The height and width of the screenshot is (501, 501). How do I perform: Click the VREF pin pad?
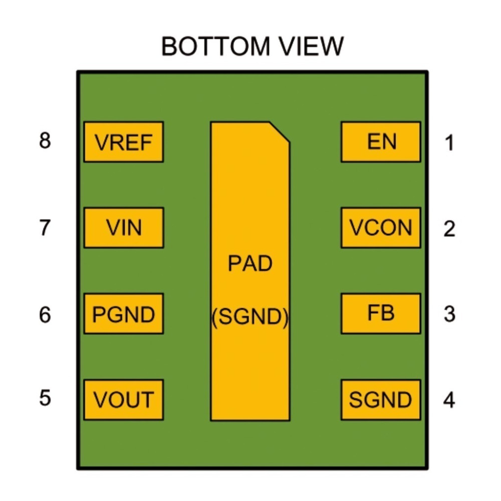pyautogui.click(x=123, y=142)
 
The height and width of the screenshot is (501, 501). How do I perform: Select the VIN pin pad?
pyautogui.click(x=123, y=227)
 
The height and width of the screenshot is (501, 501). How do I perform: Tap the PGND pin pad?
pyautogui.click(x=123, y=314)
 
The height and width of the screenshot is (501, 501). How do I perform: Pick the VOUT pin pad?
pyautogui.click(x=123, y=400)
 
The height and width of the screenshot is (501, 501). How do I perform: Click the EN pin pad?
pyautogui.click(x=381, y=142)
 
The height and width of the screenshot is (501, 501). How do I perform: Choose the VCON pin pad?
pyautogui.click(x=381, y=227)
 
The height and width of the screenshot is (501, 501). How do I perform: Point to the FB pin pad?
pyautogui.click(x=381, y=314)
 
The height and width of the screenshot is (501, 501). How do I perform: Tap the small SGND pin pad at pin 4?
pyautogui.click(x=381, y=400)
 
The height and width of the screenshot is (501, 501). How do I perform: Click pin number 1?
pyautogui.click(x=449, y=143)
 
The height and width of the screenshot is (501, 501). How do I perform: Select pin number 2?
pyautogui.click(x=449, y=229)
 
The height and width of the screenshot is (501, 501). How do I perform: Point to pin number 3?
pyautogui.click(x=449, y=314)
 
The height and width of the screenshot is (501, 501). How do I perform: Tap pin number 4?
pyautogui.click(x=449, y=400)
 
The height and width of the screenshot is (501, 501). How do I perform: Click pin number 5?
pyautogui.click(x=45, y=398)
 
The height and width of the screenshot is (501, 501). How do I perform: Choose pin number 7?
pyautogui.click(x=45, y=228)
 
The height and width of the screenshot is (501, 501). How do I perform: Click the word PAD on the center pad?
pyautogui.click(x=250, y=264)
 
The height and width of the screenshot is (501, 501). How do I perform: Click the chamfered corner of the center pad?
pyautogui.click(x=280, y=132)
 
